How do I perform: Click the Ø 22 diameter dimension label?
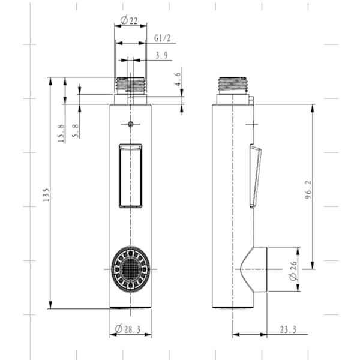pyautogui.click(x=129, y=20)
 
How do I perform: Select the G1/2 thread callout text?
pyautogui.click(x=163, y=38)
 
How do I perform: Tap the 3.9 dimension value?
pyautogui.click(x=161, y=55)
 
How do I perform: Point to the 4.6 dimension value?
pyautogui.click(x=178, y=79)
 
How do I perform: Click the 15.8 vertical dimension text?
pyautogui.click(x=61, y=133)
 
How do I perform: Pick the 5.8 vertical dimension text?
pyautogui.click(x=76, y=131)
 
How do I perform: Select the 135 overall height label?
pyautogui.click(x=46, y=195)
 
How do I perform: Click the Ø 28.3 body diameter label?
pyautogui.click(x=128, y=329)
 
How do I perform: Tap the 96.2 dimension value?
pyautogui.click(x=308, y=190)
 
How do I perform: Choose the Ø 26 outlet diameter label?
pyautogui.click(x=293, y=271)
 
